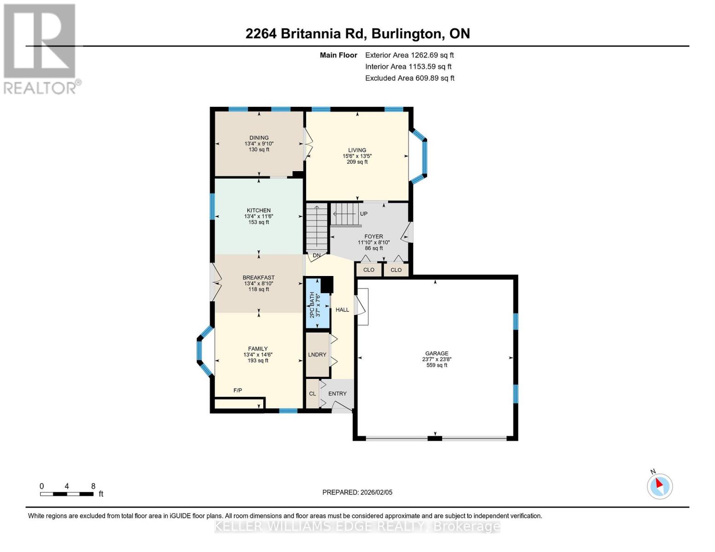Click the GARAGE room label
tap(436, 354)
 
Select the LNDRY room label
tap(317, 355)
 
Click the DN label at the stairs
tap(316, 255)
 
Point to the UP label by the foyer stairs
tap(364, 214)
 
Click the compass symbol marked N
tap(659, 486)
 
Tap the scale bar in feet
tap(67, 494)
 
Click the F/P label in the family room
tap(238, 391)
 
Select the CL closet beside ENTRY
tap(312, 394)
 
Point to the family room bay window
tap(203, 351)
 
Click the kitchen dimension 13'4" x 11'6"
tap(259, 216)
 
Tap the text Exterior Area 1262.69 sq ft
tap(409, 55)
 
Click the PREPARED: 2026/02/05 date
tap(357, 492)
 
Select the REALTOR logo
tap(41, 49)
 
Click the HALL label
tap(342, 310)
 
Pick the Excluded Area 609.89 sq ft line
tap(409, 78)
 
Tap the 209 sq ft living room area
tap(357, 162)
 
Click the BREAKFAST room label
tap(258, 277)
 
